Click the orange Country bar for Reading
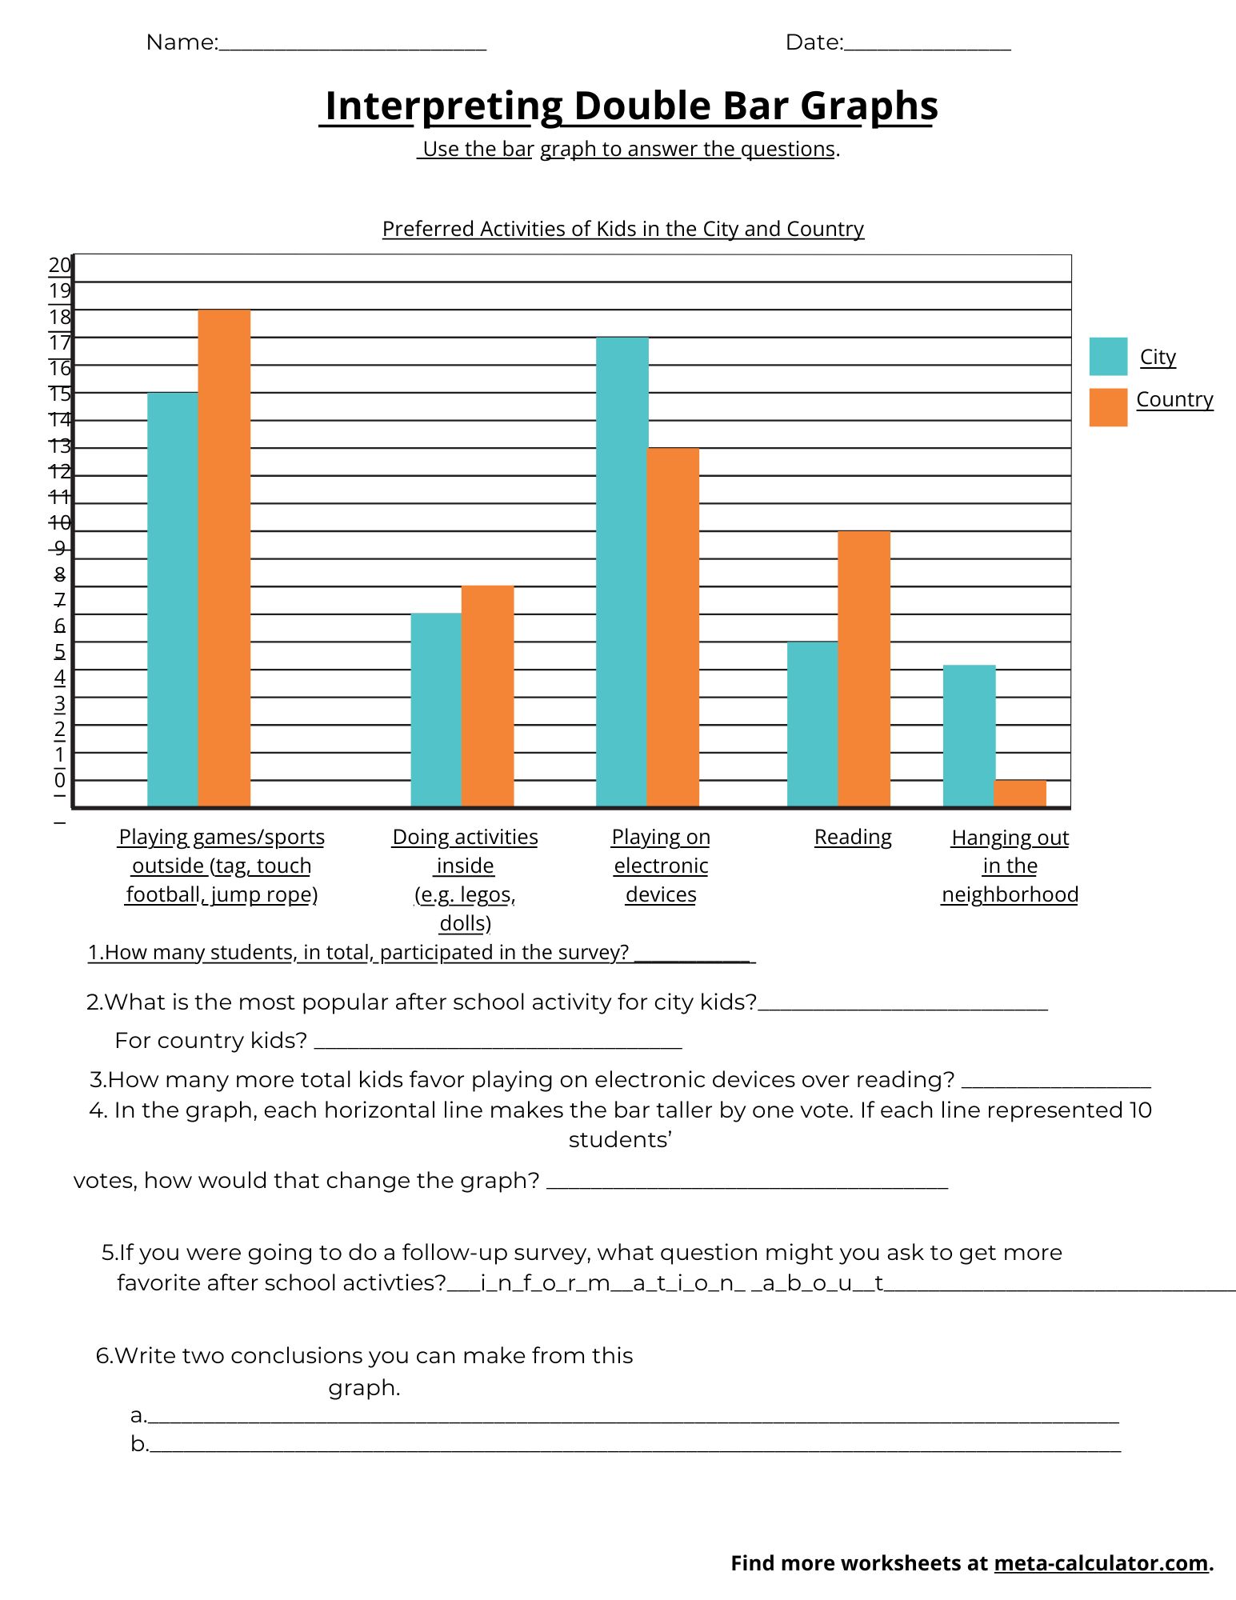[864, 669]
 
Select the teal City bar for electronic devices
[622, 572]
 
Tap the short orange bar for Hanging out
[1020, 793]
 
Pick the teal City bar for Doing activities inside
[436, 710]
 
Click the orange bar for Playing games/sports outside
[224, 558]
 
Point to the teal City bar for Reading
[813, 724]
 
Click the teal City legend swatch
[1108, 356]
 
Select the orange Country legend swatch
[1108, 407]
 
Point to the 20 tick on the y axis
[60, 265]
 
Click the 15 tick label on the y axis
[60, 394]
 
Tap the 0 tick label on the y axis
[60, 780]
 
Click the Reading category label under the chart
[853, 837]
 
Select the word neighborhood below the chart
[1010, 894]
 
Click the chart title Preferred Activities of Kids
[623, 229]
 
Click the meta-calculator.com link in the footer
[1101, 1562]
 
